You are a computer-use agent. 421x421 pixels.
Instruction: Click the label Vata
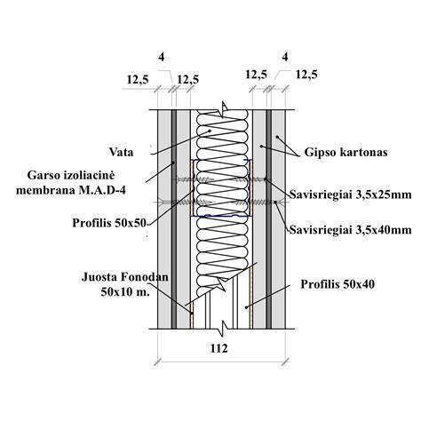121,153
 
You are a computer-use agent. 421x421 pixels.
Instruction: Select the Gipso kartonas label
346,153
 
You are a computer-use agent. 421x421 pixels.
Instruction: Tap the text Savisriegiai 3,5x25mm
350,195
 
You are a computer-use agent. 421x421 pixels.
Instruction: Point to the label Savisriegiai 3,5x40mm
350,230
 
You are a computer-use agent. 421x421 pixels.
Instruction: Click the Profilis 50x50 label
109,223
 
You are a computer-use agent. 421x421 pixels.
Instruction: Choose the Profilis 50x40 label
338,284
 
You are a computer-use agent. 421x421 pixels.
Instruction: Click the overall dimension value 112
219,348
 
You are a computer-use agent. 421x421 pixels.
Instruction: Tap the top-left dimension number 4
162,57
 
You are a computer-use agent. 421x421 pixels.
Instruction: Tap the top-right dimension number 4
285,57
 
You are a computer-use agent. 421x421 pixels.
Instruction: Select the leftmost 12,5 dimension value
138,80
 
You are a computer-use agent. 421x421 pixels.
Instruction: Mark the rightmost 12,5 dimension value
306,75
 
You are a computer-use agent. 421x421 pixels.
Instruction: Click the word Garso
44,175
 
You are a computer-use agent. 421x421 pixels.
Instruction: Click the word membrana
46,190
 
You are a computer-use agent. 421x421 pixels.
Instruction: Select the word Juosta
99,277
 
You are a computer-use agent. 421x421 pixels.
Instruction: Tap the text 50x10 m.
125,292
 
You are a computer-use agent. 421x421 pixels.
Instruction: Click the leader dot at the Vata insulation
210,131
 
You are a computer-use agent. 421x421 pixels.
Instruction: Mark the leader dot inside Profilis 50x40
246,307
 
